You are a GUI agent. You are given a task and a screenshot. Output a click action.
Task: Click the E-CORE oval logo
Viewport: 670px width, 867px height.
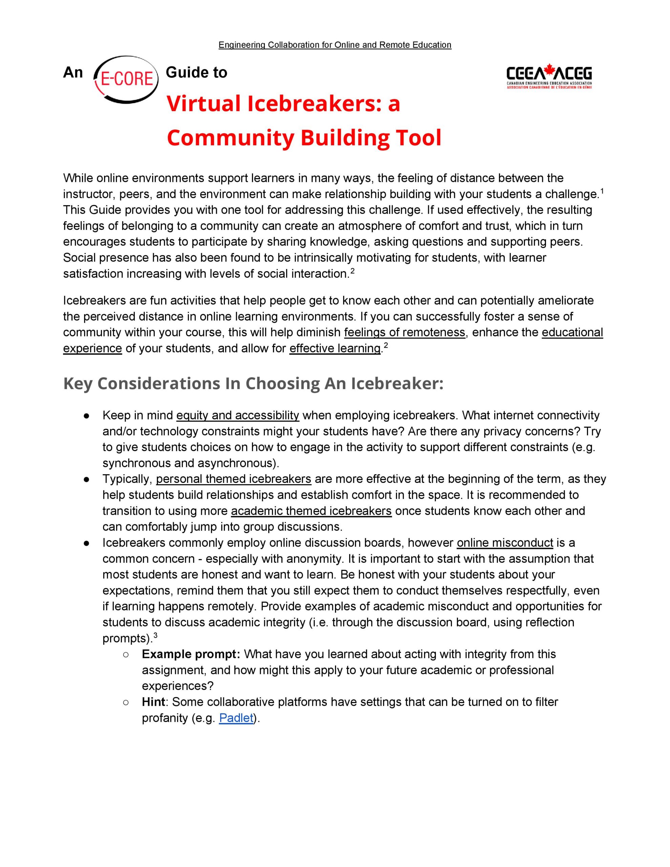click(x=126, y=79)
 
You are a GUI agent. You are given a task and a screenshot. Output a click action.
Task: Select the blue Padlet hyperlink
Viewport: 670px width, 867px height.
click(x=236, y=718)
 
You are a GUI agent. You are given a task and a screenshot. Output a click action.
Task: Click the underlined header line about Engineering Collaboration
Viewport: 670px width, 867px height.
click(x=335, y=45)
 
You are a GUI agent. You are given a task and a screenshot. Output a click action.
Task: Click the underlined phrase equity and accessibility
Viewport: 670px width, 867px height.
click(x=237, y=415)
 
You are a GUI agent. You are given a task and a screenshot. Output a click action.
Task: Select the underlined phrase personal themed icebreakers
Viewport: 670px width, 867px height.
click(x=233, y=479)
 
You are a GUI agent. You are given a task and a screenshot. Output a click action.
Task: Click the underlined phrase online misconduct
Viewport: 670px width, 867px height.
click(x=505, y=543)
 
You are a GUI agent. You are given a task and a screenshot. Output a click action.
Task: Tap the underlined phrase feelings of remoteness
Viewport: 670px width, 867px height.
click(x=404, y=332)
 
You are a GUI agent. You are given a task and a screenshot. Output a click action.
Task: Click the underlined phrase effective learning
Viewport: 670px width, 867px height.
click(x=335, y=348)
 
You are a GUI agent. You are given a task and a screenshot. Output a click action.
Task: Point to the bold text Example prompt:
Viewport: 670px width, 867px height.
click(x=191, y=654)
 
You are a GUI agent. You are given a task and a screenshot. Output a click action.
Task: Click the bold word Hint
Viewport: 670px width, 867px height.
click(x=153, y=702)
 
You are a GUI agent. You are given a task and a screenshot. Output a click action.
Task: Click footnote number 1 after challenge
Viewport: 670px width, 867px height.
click(x=602, y=191)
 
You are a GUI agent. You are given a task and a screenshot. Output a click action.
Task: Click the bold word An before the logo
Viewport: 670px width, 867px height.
click(x=73, y=73)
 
